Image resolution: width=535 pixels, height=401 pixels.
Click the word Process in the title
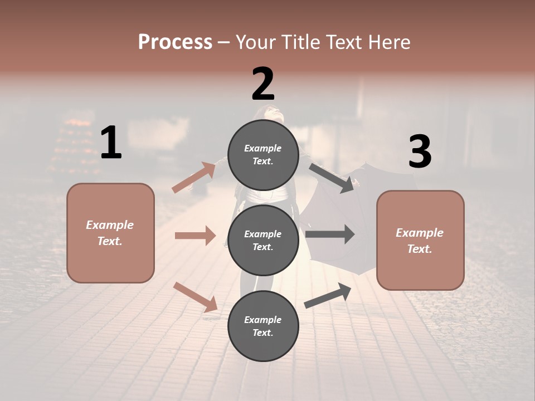pyautogui.click(x=175, y=42)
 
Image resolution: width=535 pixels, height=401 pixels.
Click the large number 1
pyautogui.click(x=111, y=143)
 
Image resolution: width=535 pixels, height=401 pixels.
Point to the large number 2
pyautogui.click(x=263, y=84)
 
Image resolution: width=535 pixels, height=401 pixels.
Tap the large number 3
pyautogui.click(x=420, y=151)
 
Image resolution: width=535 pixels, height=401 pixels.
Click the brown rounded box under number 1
pyautogui.click(x=110, y=233)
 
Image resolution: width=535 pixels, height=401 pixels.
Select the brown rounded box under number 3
pyautogui.click(x=420, y=240)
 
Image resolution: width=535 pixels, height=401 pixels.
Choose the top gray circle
pyautogui.click(x=263, y=155)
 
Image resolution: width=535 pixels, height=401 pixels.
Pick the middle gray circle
pyautogui.click(x=263, y=240)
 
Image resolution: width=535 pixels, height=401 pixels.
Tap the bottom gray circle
pyautogui.click(x=263, y=326)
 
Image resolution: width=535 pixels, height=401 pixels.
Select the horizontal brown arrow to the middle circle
pyautogui.click(x=195, y=236)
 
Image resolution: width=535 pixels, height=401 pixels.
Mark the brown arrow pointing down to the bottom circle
pyautogui.click(x=195, y=297)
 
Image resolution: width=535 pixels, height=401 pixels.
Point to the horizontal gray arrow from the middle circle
pyautogui.click(x=330, y=234)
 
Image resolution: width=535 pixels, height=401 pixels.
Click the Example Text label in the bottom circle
pyautogui.click(x=263, y=326)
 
